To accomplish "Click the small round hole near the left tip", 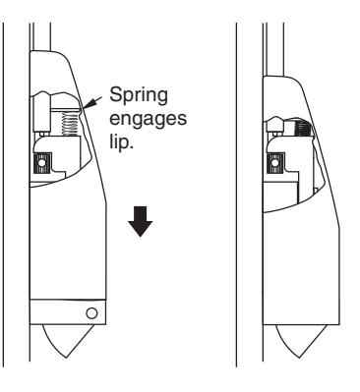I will coord(91,313).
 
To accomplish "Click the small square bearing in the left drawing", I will coord(43,161).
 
